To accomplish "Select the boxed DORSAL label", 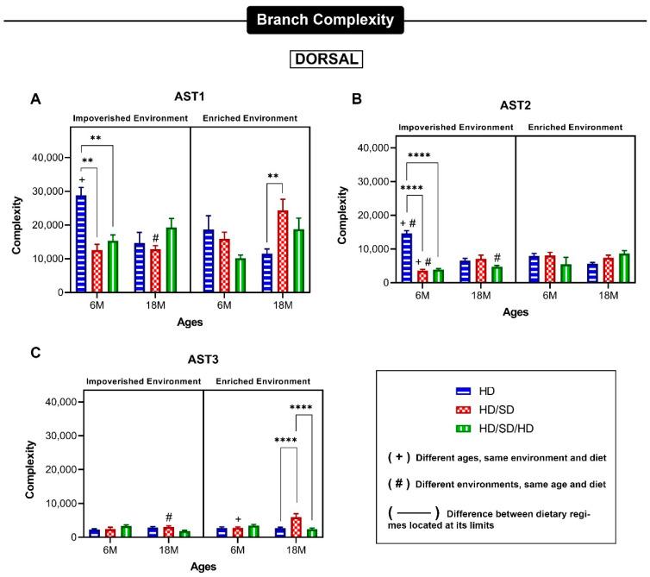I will [325, 60].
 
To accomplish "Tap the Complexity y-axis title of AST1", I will [16, 226].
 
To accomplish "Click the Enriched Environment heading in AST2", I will [577, 128].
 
